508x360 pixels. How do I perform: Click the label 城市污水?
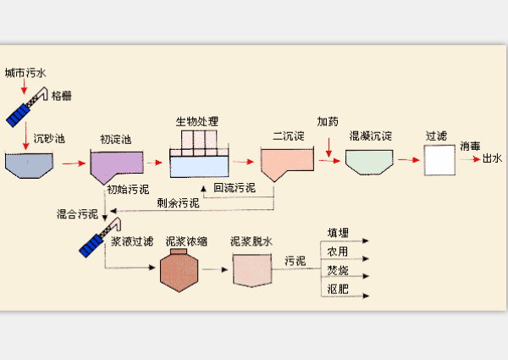pyautogui.click(x=25, y=74)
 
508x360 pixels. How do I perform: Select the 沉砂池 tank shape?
pyautogui.click(x=29, y=165)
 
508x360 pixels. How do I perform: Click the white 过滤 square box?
pyautogui.click(x=438, y=160)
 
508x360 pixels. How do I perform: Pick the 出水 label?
pyautogui.click(x=492, y=159)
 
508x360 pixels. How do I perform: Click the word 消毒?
pyautogui.click(x=471, y=146)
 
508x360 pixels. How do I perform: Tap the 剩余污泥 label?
pyautogui.click(x=178, y=202)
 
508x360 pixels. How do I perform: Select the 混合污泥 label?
pyautogui.click(x=76, y=213)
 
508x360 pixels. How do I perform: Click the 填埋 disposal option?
pyautogui.click(x=339, y=233)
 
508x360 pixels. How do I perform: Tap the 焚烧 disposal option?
pyautogui.click(x=339, y=270)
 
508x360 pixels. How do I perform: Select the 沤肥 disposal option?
pyautogui.click(x=339, y=290)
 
